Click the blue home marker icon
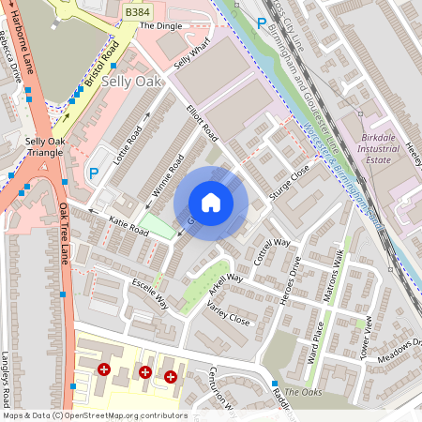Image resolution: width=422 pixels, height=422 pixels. [211, 202]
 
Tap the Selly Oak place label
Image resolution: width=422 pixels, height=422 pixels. [131, 83]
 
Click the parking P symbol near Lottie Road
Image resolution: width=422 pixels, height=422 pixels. [93, 173]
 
